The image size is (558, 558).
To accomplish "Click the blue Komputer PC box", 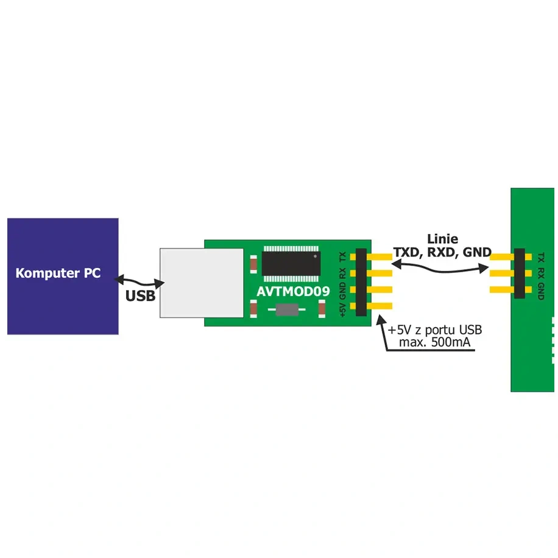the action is click(63, 276).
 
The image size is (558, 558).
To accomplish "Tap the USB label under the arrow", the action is click(140, 295).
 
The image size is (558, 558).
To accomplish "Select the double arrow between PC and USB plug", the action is click(139, 281).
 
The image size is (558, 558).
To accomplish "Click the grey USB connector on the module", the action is click(202, 283).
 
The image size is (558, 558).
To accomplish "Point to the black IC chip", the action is click(291, 263).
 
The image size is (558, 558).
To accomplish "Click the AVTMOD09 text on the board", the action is click(293, 291).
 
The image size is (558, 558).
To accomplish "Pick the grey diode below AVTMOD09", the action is click(287, 309).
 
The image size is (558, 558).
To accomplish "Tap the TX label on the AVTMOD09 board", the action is click(343, 256).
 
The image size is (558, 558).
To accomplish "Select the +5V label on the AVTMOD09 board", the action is click(343, 309).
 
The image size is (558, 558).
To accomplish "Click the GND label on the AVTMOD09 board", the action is click(343, 291).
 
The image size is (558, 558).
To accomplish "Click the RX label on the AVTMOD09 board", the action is click(343, 274).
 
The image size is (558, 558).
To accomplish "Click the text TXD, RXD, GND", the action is click(442, 252).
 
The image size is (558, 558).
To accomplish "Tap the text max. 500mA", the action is click(434, 342).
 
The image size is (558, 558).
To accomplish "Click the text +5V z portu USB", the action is click(434, 330).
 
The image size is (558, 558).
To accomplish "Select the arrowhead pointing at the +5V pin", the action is click(381, 320).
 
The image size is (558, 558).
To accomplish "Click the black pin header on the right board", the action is click(519, 274).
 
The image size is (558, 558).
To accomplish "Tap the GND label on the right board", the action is click(541, 291).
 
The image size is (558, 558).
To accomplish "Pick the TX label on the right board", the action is click(541, 257).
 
